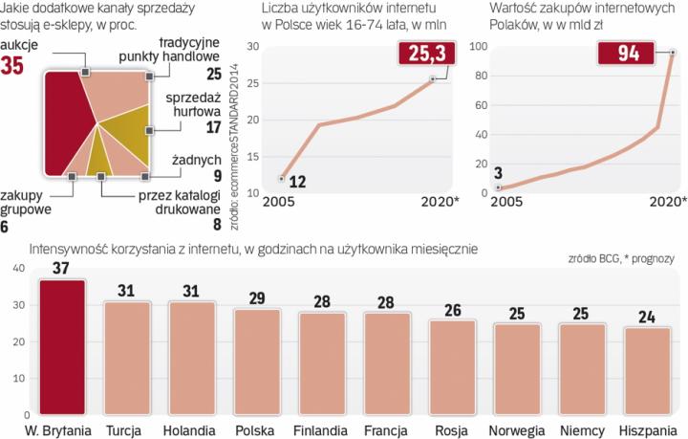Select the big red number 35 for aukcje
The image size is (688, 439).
(16, 67)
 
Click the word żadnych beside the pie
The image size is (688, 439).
(195, 160)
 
